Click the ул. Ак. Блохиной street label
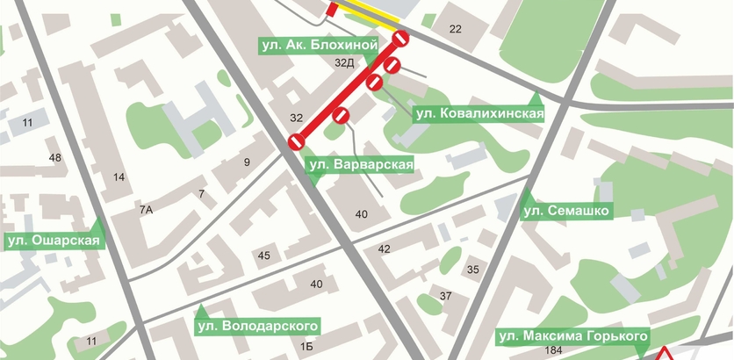pyautogui.click(x=320, y=44)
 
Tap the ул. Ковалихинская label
pyautogui.click(x=479, y=112)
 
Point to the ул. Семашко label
pyautogui.click(x=566, y=211)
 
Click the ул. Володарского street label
pyautogui.click(x=255, y=327)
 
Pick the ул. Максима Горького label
pyautogui.click(x=573, y=336)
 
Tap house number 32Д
pyautogui.click(x=344, y=63)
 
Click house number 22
pyautogui.click(x=455, y=30)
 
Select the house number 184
pyautogui.click(x=553, y=351)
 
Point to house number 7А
pyautogui.click(x=146, y=209)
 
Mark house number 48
pyautogui.click(x=55, y=158)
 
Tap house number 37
pyautogui.click(x=445, y=296)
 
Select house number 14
pyautogui.click(x=119, y=177)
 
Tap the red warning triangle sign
pyautogui.click(x=666, y=353)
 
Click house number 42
pyautogui.click(x=384, y=249)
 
